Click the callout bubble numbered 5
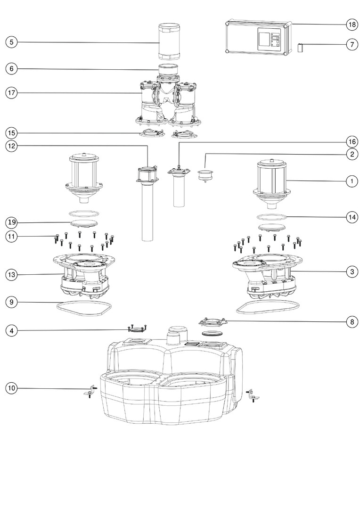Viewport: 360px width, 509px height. [12, 42]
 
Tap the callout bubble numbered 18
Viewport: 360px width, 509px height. [351, 24]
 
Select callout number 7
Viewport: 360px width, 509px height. [351, 45]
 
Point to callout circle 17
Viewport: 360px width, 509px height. [12, 92]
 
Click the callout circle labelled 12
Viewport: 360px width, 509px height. [12, 146]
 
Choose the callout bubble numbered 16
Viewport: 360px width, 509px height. [351, 141]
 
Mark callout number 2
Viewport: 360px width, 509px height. [351, 154]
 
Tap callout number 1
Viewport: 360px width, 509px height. [351, 181]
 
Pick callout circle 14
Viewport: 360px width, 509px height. [351, 217]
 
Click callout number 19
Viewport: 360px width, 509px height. [12, 222]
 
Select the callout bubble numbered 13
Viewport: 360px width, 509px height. [12, 274]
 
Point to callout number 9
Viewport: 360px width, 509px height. [12, 302]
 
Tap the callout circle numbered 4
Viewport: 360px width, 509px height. [12, 331]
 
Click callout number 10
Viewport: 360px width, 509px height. [12, 388]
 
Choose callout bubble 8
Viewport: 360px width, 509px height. [351, 322]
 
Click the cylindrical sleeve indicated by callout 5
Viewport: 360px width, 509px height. [168, 41]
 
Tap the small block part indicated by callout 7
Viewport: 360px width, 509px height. [300, 48]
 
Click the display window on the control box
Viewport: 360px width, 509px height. [264, 38]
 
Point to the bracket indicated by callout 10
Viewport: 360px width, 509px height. [88, 393]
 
